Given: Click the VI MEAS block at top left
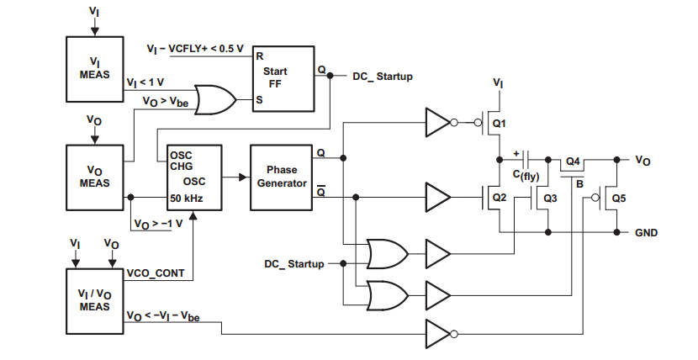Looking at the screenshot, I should (94, 68).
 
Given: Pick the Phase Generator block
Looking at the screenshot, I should (281, 177).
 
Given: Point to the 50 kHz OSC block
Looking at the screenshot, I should (194, 177).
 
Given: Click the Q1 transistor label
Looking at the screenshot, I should (500, 124).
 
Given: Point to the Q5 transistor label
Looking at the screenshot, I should (619, 199).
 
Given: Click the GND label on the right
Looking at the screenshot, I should (646, 232).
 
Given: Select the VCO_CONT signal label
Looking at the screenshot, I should (155, 273).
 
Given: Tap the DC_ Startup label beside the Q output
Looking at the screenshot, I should (382, 77).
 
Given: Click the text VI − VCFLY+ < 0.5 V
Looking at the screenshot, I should (194, 48).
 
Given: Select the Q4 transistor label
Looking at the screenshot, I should (573, 161).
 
